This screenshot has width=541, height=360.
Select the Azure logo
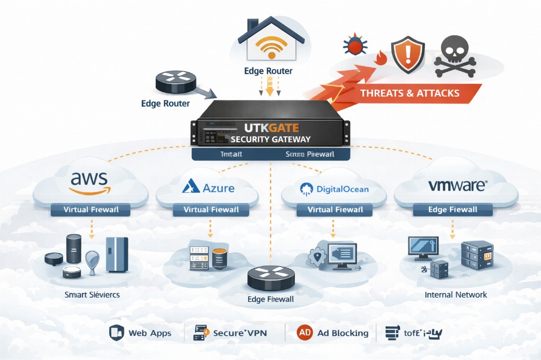point(208,187)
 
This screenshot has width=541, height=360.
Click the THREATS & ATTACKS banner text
point(409,93)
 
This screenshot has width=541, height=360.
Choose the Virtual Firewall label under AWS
point(90,210)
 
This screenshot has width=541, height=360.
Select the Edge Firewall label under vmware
point(452,210)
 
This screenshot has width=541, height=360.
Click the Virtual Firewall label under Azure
point(211,210)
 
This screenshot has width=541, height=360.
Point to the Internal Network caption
point(455,295)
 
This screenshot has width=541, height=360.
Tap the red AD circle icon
point(304,333)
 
